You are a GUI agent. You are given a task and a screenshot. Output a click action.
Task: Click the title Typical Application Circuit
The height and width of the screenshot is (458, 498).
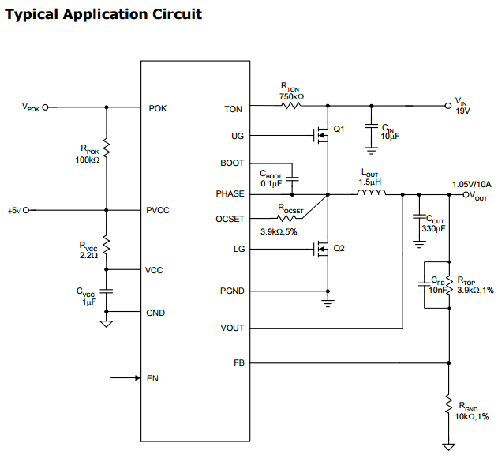click(x=103, y=14)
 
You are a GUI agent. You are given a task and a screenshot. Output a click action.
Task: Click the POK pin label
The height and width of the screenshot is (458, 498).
click(x=158, y=108)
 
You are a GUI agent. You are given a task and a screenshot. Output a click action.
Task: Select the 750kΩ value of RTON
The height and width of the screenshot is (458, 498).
click(x=291, y=96)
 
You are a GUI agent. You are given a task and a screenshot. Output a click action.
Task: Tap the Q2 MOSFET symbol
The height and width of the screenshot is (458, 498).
click(x=322, y=251)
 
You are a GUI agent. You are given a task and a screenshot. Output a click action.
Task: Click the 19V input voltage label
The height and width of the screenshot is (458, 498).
click(x=462, y=111)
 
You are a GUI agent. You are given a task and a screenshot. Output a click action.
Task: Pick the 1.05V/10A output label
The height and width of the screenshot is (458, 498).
click(x=471, y=185)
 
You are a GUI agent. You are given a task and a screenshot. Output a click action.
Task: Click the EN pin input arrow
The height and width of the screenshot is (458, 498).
click(x=125, y=378)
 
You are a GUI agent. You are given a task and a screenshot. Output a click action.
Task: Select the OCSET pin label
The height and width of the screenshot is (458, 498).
click(x=230, y=218)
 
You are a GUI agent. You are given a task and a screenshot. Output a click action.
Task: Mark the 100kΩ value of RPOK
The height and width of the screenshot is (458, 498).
click(x=88, y=160)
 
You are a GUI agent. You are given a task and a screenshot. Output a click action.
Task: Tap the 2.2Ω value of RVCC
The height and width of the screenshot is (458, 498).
click(x=88, y=256)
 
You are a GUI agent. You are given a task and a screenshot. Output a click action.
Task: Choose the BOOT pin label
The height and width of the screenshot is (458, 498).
click(x=232, y=163)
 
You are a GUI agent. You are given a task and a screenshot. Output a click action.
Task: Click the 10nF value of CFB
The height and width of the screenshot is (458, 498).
click(x=436, y=290)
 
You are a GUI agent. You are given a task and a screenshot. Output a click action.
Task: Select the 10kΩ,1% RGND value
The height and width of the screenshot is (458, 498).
click(x=472, y=416)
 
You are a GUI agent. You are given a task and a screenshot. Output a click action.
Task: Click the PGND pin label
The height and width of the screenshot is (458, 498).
click(x=232, y=291)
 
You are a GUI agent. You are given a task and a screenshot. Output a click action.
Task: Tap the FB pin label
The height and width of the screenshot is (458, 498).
click(x=238, y=362)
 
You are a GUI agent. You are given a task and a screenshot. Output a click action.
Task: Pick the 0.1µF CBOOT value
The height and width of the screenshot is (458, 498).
click(x=271, y=184)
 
